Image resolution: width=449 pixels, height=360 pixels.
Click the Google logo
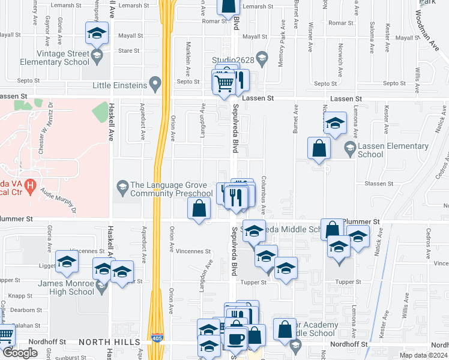point(20,353)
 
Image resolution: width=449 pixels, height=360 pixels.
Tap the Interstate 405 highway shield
point(156,339)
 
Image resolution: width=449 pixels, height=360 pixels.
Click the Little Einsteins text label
point(119,86)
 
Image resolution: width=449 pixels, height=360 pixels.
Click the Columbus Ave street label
point(263,196)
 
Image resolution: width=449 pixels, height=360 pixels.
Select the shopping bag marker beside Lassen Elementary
point(319,148)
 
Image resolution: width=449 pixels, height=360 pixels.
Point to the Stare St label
point(129,51)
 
